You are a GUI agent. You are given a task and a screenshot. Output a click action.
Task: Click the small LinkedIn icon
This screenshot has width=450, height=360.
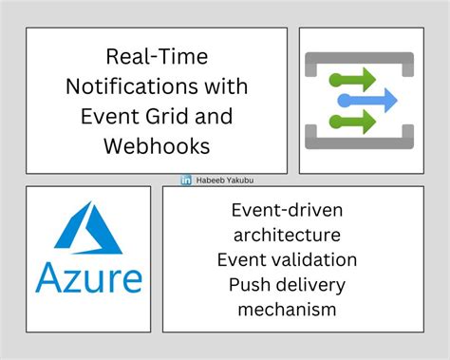coord(186,180)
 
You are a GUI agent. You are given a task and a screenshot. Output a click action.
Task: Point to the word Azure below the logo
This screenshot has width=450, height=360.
coord(88,277)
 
